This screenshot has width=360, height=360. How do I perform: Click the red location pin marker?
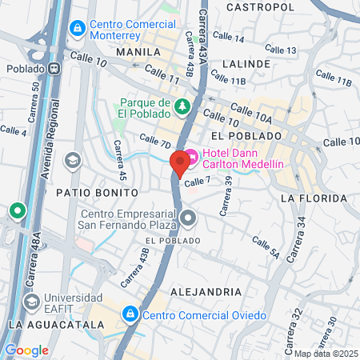(180, 162)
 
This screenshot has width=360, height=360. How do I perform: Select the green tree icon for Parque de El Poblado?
(183, 106)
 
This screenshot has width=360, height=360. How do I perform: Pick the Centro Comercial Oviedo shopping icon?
(130, 314)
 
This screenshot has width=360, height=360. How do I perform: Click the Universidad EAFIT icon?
(32, 302)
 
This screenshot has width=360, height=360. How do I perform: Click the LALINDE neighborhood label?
(246, 63)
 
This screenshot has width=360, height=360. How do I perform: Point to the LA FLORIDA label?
(313, 195)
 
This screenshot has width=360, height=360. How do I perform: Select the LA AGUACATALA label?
(55, 325)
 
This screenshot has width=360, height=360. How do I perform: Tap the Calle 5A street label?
(265, 248)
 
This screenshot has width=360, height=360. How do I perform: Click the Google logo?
(26, 350)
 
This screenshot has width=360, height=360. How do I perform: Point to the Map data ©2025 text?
(326, 354)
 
